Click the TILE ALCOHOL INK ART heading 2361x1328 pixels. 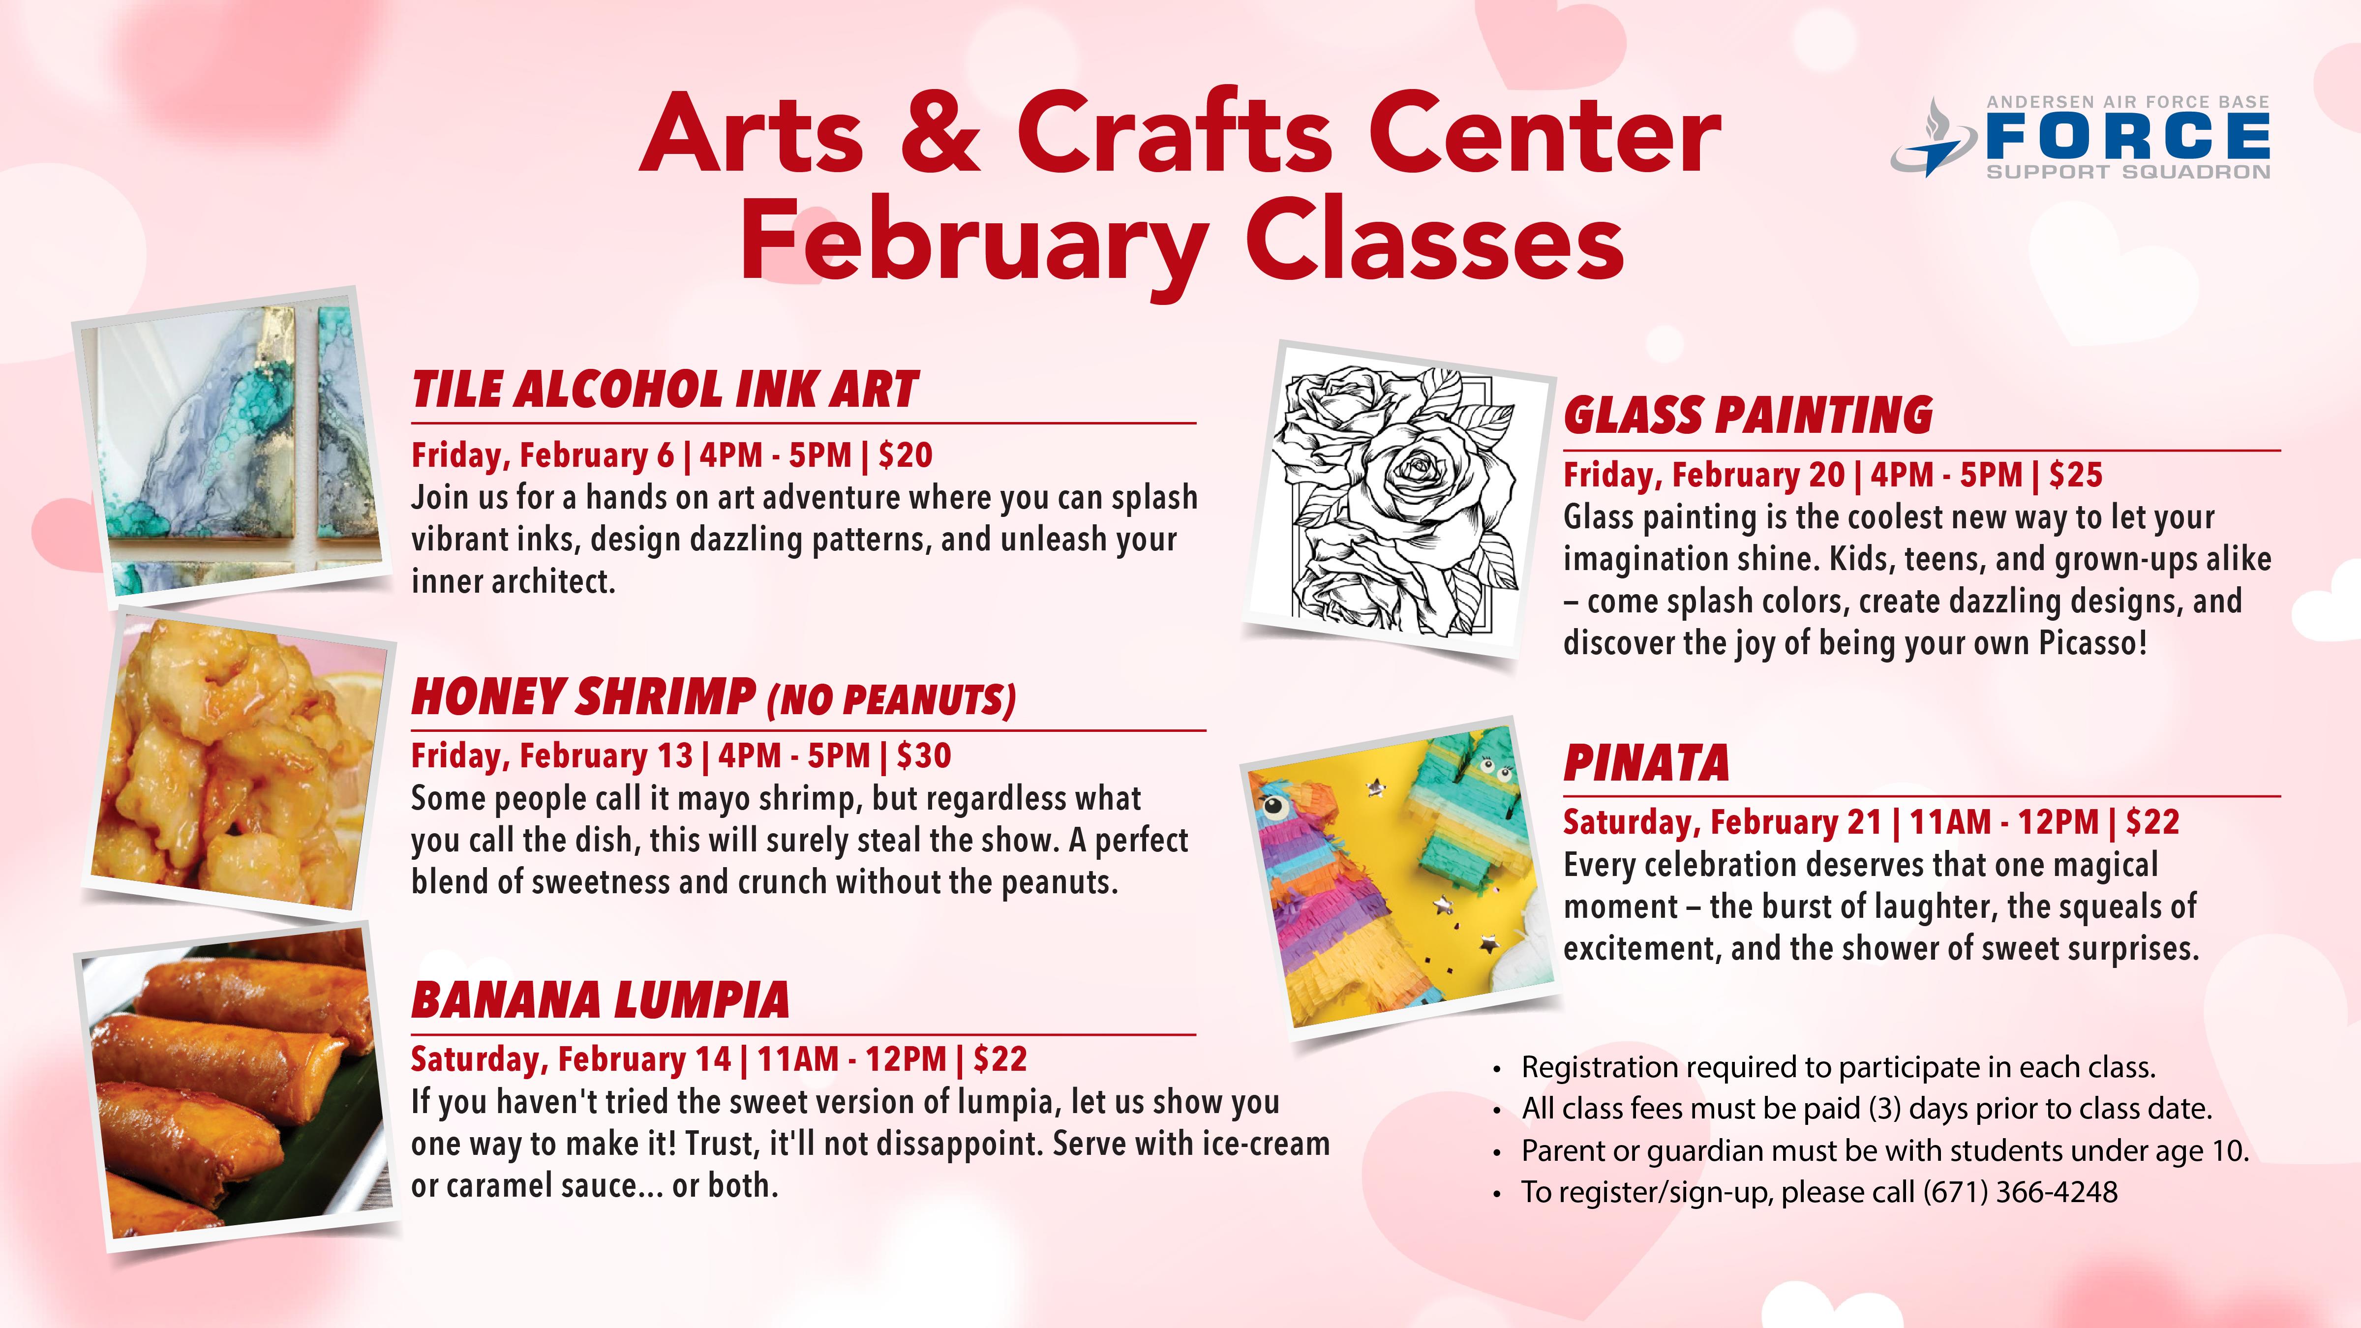click(665, 390)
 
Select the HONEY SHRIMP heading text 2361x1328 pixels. click(584, 697)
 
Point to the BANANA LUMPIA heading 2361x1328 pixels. click(600, 1000)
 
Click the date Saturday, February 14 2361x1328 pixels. click(570, 1059)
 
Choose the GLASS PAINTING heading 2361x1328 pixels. click(1748, 415)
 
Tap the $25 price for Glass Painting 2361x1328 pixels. click(2075, 475)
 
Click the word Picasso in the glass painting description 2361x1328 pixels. click(2092, 643)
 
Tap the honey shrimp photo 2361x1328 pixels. click(238, 765)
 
